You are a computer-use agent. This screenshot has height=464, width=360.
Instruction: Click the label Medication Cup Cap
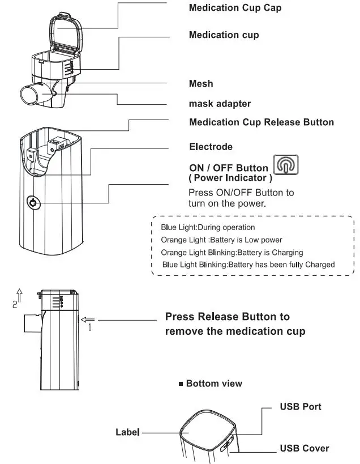[234, 8]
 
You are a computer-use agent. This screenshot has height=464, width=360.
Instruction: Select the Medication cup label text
[224, 35]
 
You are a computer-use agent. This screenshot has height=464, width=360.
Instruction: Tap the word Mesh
[201, 84]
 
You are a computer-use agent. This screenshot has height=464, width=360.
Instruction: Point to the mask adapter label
[220, 104]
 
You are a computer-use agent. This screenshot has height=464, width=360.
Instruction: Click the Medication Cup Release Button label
[261, 122]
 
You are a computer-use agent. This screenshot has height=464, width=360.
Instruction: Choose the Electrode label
[211, 147]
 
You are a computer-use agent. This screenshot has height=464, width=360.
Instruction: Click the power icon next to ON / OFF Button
[286, 165]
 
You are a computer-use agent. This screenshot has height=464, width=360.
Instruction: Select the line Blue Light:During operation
[208, 227]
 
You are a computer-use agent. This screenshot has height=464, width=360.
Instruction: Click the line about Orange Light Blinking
[232, 252]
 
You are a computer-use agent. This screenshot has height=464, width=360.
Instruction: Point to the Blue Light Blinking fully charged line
[248, 265]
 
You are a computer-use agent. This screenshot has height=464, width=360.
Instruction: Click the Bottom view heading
[210, 384]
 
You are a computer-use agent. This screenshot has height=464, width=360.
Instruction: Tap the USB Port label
[301, 407]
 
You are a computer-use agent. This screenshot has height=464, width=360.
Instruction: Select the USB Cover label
[304, 448]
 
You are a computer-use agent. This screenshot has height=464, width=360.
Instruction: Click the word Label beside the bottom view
[127, 432]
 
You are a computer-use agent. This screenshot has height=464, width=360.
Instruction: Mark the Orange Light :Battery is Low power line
[221, 240]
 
